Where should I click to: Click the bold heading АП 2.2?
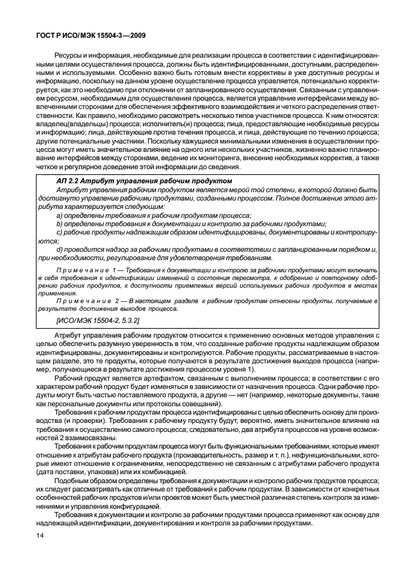(x=69, y=182)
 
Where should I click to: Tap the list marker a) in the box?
(x=60, y=215)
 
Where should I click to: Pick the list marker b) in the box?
(x=60, y=224)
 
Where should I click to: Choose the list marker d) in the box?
(x=60, y=249)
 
